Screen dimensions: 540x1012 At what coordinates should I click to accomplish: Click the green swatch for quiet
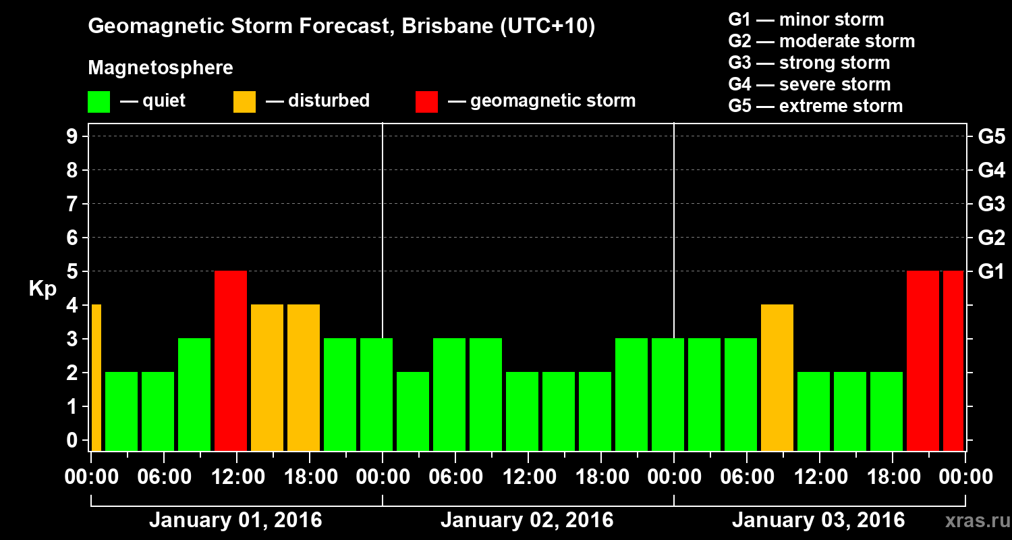coord(99,102)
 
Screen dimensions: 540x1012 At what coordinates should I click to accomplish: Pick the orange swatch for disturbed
coord(244,102)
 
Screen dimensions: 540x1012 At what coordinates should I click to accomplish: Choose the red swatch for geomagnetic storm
coord(426,102)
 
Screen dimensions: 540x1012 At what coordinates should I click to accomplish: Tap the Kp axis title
coord(42,289)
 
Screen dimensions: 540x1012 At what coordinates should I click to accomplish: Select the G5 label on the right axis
coord(991,137)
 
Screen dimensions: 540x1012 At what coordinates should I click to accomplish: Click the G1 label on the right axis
coord(991,272)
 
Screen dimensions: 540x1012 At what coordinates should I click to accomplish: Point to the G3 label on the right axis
coord(991,205)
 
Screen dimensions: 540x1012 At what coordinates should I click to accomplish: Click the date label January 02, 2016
coord(527,520)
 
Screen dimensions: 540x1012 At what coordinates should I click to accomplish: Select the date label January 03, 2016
coord(818,520)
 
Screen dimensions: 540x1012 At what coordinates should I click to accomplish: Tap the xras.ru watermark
coord(974,520)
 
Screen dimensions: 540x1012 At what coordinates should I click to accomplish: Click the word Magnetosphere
coord(161,68)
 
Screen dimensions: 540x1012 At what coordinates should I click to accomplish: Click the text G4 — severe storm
coord(810,84)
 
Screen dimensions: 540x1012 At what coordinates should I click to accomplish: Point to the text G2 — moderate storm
coord(822,41)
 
